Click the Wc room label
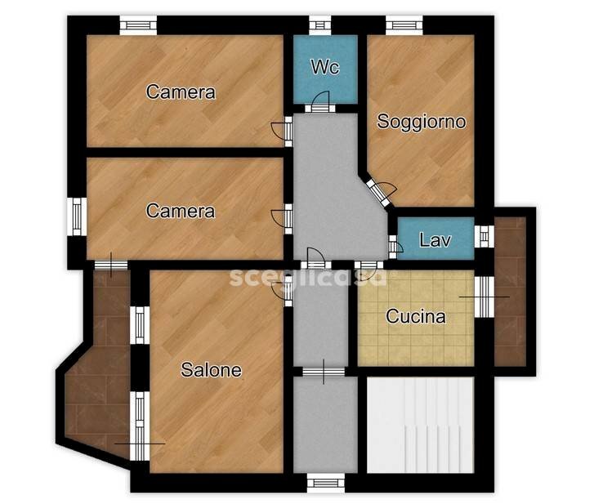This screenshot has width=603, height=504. (325, 67)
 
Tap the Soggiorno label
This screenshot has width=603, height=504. (421, 122)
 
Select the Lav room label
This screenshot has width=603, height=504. (435, 240)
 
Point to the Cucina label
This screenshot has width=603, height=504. (416, 316)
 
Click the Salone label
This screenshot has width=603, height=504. (211, 370)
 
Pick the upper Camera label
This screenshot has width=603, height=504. (181, 92)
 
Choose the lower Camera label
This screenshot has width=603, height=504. (181, 211)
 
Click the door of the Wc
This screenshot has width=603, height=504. (320, 102)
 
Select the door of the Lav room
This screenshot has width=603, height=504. (395, 247)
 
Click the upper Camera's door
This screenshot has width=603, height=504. (283, 132)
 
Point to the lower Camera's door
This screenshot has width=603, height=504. (283, 219)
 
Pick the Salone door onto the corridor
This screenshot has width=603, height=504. (283, 294)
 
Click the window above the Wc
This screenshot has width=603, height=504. (320, 25)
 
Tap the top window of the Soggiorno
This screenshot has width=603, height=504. (404, 25)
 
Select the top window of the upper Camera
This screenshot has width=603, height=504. (138, 25)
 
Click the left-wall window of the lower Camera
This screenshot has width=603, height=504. (77, 216)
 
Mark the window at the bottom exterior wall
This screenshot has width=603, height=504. (326, 483)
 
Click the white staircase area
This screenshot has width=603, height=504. (420, 426)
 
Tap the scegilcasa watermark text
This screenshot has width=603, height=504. (308, 277)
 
